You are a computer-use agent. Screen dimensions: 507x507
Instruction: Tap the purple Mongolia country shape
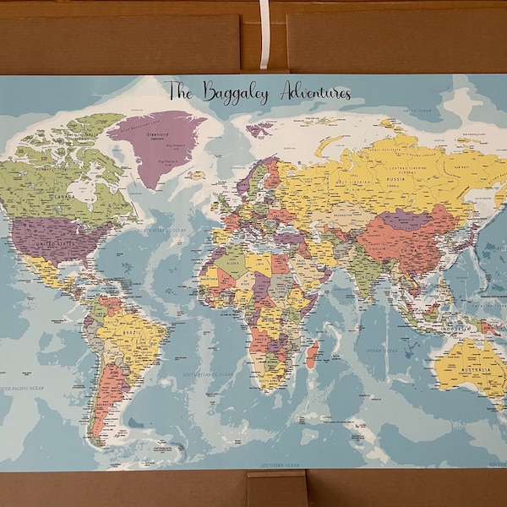[x=395, y=221]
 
